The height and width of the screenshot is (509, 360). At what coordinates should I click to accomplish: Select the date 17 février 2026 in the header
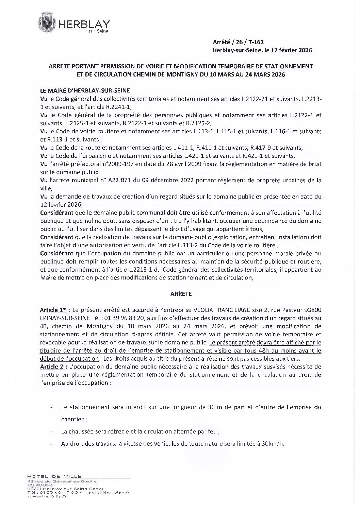292,50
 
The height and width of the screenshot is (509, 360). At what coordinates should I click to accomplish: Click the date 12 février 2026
61,204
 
